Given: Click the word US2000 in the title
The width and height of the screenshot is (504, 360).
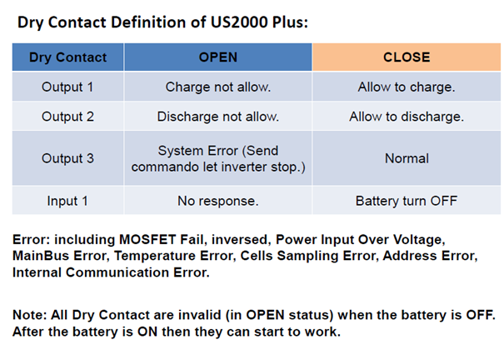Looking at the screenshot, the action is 239,22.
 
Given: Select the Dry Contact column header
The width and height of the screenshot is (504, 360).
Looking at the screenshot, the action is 67,57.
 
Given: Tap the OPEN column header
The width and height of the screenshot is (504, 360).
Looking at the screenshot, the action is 218,57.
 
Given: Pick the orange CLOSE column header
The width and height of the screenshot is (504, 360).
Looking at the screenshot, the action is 407,57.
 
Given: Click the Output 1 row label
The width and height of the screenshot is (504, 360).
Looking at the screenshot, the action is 67,87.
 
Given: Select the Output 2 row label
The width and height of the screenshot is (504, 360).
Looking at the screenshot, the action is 67,117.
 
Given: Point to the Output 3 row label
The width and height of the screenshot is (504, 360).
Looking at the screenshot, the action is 67,158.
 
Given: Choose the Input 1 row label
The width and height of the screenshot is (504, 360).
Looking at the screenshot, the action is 67,201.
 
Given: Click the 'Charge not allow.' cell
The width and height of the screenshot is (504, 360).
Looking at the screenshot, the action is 218,87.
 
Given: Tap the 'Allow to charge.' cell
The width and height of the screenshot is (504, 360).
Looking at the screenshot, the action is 407,87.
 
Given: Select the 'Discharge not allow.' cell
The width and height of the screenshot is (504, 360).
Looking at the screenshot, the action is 218,117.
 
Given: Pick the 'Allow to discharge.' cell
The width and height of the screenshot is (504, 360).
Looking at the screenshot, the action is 407,117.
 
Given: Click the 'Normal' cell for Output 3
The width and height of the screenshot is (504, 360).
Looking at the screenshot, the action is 407,158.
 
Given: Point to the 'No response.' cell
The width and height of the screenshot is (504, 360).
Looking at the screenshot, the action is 218,201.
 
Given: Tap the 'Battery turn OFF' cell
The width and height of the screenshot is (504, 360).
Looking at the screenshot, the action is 407,201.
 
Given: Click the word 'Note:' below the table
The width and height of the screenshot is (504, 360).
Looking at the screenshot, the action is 30,315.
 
